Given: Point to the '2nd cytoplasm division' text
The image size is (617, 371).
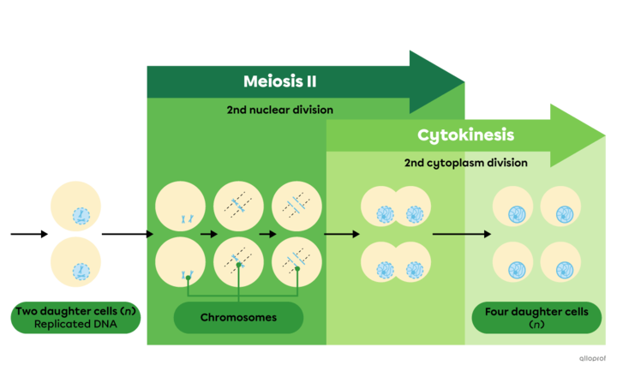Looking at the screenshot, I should [465, 162].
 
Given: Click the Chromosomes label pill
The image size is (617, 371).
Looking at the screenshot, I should [238, 318].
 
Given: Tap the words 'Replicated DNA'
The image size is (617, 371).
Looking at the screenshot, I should [76, 325].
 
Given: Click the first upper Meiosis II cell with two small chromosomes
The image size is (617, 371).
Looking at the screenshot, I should [180, 207].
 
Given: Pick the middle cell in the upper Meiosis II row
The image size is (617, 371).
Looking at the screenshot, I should [238, 207].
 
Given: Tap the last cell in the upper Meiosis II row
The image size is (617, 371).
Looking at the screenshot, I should [297, 207].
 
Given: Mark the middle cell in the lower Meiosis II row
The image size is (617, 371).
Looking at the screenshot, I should [238, 261].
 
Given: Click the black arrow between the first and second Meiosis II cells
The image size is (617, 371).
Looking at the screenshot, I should [208, 233].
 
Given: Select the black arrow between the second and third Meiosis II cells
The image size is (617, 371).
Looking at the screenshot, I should [267, 233].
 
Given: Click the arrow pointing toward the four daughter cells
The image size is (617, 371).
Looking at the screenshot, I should [461, 233].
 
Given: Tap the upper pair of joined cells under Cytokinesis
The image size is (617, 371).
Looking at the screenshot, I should [395, 208].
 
